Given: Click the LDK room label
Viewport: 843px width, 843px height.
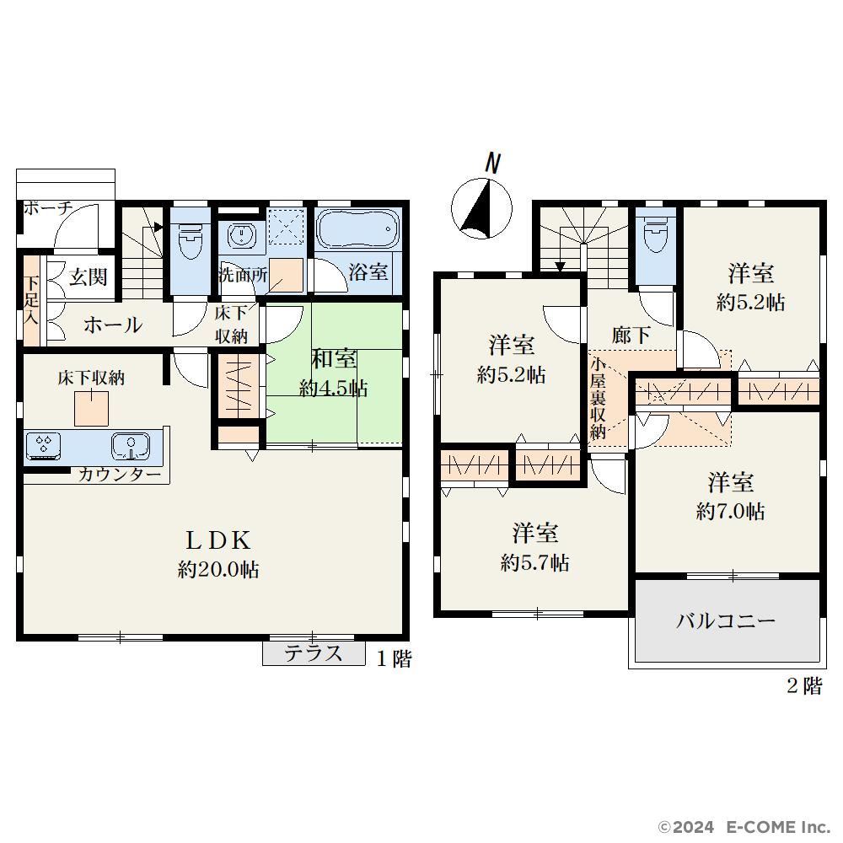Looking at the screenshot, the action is pos(217,540).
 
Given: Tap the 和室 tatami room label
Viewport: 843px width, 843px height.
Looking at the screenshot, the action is pos(333,358).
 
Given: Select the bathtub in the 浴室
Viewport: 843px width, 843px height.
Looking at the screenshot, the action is pos(357,229).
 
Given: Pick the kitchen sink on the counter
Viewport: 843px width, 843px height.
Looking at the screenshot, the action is pos(131,446).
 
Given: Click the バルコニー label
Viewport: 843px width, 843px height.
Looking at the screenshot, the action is pos(725,621).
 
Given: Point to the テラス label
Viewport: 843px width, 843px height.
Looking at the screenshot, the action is pos(313,653).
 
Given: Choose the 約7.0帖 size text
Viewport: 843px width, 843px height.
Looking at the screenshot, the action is pos(730,511).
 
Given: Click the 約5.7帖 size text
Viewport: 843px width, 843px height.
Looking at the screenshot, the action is pos(535,562).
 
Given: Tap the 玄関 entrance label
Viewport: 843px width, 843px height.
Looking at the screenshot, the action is pos(89,277).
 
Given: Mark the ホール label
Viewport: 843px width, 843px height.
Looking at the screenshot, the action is pos(113,325).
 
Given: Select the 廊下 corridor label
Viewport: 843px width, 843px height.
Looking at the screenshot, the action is pos(631,335).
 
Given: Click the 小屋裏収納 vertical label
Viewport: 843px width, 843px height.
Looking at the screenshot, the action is pos(598,398).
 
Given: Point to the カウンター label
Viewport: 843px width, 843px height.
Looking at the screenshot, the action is pos(120,475).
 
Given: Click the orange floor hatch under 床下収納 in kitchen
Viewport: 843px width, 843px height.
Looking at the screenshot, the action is pos(91,409).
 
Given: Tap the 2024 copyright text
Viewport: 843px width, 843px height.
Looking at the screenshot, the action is pos(694,826).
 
